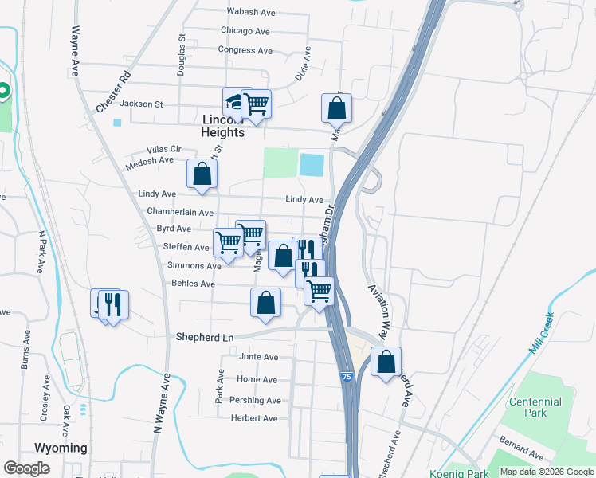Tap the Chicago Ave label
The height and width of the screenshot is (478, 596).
245,31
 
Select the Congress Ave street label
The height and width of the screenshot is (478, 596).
245,50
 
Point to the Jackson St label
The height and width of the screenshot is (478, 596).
140,104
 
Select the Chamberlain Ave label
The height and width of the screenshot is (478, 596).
180,213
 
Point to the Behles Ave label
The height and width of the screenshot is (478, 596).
193,284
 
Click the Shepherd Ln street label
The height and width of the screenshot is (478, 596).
205,337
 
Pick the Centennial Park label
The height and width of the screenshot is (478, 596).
535,408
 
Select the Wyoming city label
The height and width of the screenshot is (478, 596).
61,448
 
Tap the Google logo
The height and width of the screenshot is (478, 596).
26,468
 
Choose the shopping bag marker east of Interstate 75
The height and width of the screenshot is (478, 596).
386,363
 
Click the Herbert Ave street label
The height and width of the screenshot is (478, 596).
254,418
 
